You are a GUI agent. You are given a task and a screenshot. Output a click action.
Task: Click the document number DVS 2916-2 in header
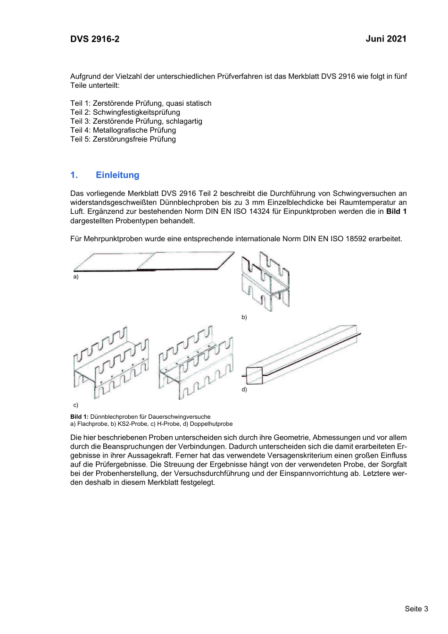coord(95,39)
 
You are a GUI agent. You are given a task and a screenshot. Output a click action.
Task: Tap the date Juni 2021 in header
coord(386,39)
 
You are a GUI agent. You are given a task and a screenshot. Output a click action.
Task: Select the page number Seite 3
coord(416,609)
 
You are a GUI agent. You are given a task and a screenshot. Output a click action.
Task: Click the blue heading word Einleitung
coord(117,175)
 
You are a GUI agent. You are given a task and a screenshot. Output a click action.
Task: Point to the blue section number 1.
coord(74,175)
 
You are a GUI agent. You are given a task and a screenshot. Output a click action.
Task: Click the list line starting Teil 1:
coord(141,103)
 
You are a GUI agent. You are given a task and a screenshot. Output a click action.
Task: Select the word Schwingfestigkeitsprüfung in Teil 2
coord(136,112)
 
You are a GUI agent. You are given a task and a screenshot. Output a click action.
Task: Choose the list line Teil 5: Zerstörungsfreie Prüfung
coord(123,139)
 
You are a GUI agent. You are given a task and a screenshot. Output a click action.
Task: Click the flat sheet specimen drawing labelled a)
coord(153,261)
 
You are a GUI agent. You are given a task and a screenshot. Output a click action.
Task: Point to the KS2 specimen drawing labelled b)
coord(265,281)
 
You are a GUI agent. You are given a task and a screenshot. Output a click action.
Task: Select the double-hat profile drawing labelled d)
coord(302,354)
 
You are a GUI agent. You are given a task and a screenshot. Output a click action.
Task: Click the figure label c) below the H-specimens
coord(75,405)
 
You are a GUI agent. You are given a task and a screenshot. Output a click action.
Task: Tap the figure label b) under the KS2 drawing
coord(244,317)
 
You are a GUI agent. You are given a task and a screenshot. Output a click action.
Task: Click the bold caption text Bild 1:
coord(79,417)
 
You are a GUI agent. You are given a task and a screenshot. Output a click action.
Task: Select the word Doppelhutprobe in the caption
coord(211,424)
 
